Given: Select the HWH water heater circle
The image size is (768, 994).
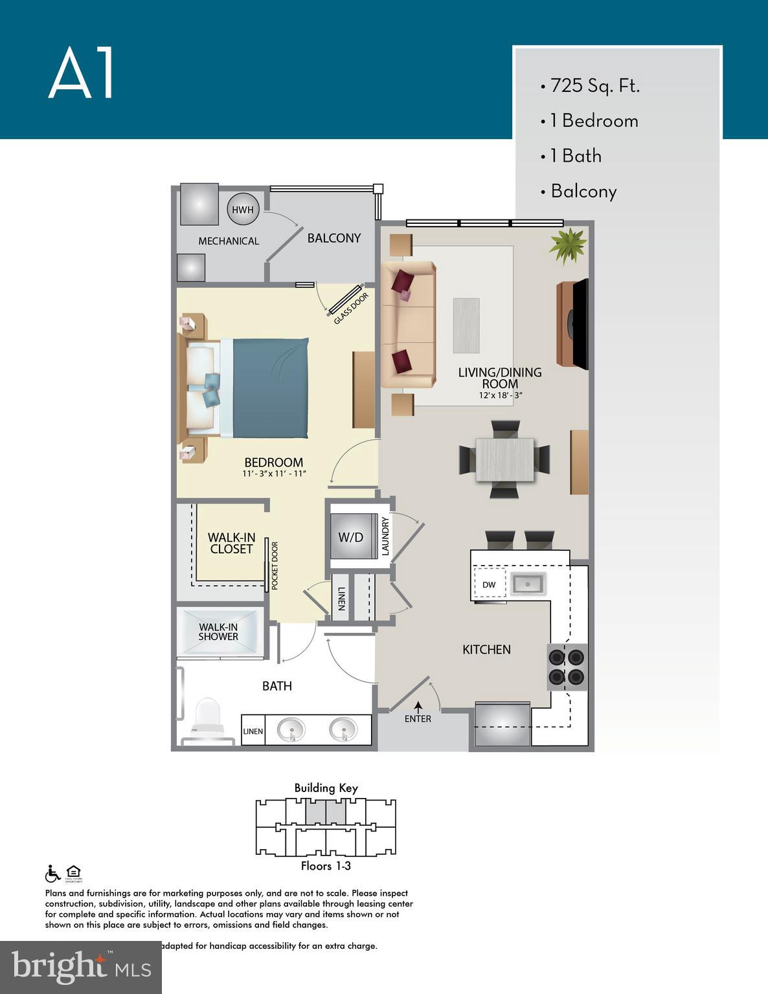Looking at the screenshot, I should (243, 210).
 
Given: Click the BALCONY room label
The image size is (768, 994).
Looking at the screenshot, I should (333, 238).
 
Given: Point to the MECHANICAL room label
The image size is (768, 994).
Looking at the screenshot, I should (228, 241).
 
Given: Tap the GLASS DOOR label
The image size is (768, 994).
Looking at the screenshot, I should (350, 309).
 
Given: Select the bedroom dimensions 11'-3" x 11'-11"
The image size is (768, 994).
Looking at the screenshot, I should (274, 474).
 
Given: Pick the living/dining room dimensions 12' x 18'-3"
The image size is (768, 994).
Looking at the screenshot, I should (500, 395).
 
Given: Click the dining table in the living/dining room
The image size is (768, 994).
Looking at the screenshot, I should (504, 459).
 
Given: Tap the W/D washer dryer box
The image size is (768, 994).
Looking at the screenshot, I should (351, 536).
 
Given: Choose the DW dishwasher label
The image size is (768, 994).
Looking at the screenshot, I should (489, 584).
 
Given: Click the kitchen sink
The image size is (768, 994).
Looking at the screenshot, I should (528, 584).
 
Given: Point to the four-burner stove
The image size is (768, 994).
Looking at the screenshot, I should (567, 667).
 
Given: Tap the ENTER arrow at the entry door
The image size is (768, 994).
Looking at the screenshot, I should (418, 707).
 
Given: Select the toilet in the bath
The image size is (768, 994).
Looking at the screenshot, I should (208, 717).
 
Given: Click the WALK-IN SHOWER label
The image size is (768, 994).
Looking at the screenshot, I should (218, 632).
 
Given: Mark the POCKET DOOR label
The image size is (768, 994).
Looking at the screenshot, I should (275, 565).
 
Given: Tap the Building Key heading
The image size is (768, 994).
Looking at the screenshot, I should (326, 788).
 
